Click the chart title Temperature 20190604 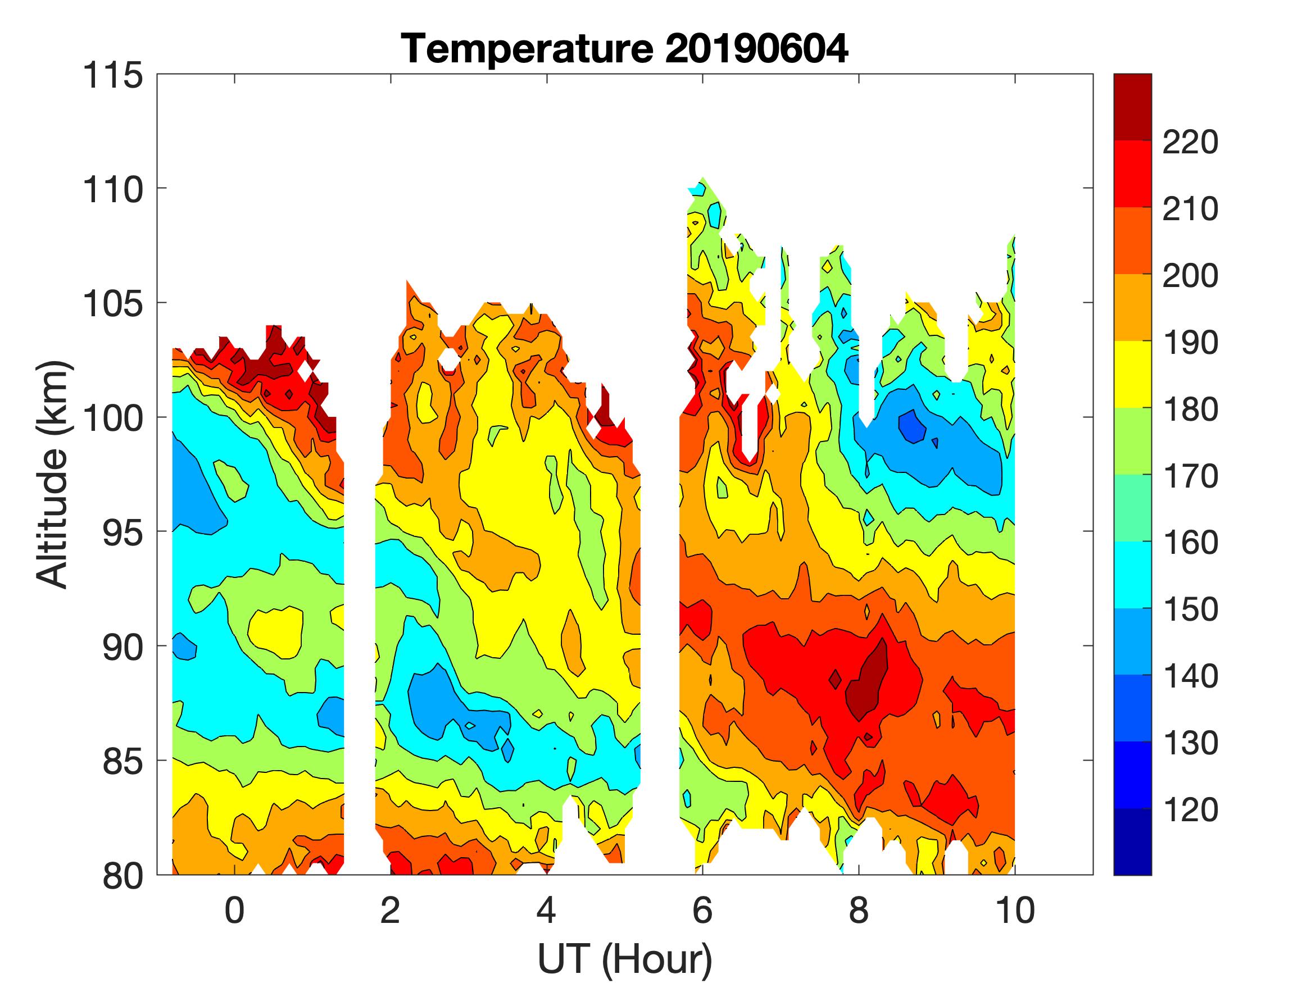625,49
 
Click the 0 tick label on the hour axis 235,910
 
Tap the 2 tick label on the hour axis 391,910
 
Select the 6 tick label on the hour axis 702,910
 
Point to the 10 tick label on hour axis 1015,910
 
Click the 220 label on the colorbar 1190,142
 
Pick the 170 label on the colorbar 1190,476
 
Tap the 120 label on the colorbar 1190,810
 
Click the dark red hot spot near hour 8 867,681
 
